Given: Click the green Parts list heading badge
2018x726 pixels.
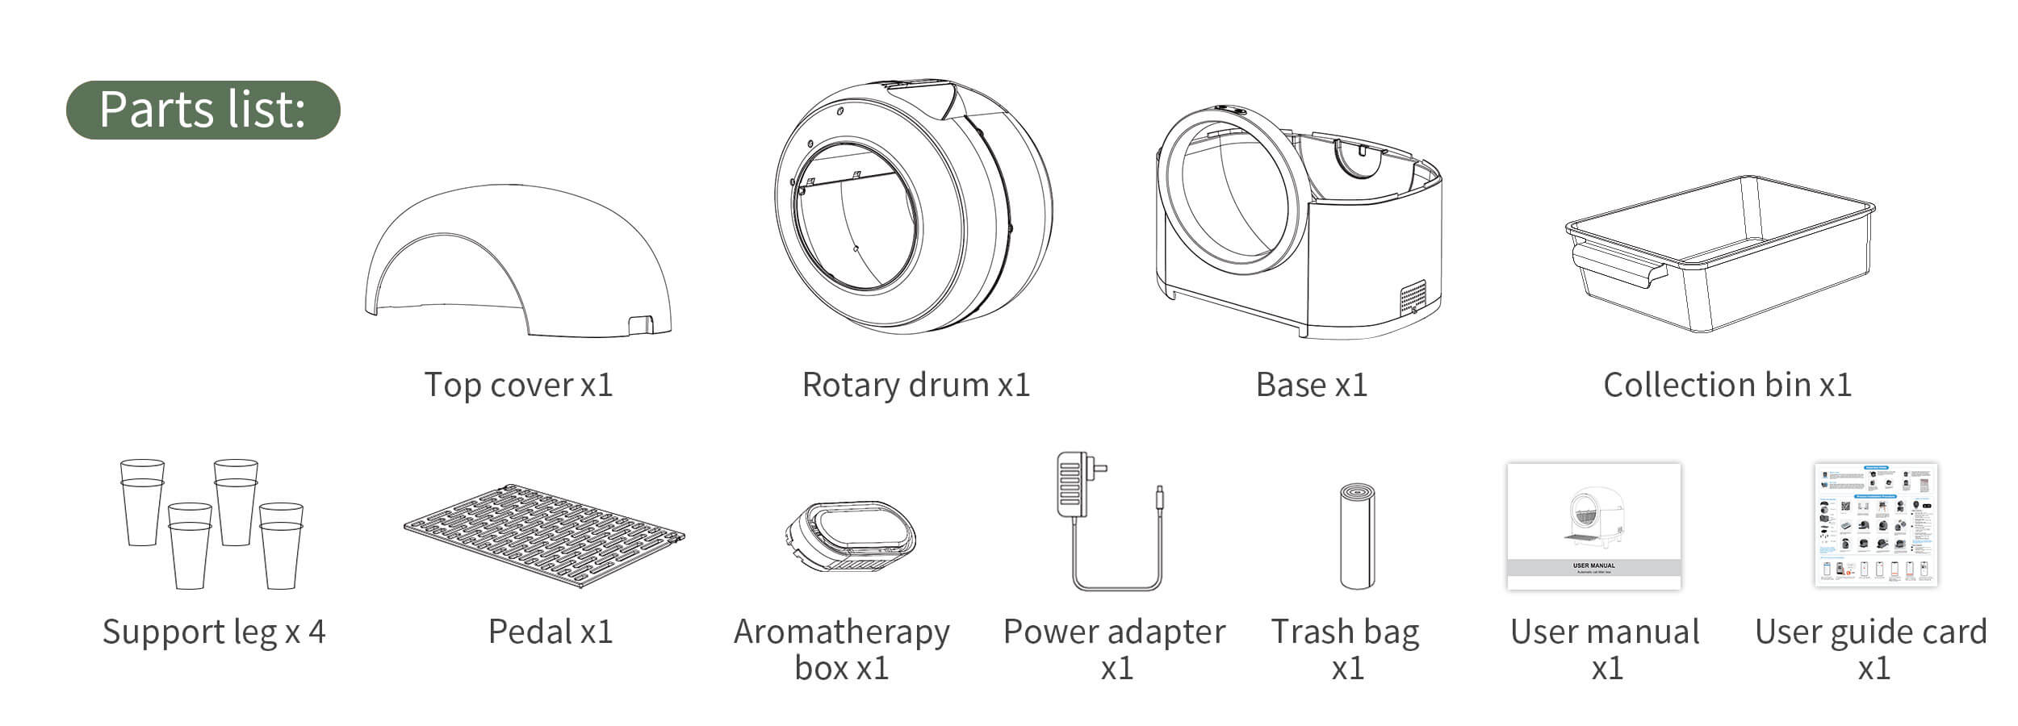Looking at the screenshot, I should click(203, 110).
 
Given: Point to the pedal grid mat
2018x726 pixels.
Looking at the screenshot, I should click(545, 537).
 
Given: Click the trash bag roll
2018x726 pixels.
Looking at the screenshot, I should click(1357, 536).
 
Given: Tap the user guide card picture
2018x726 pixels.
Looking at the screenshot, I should click(1875, 524).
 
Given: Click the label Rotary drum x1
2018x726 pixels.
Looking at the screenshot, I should click(916, 385).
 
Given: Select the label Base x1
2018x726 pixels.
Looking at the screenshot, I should click(1312, 385).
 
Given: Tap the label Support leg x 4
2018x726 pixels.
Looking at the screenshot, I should click(214, 632).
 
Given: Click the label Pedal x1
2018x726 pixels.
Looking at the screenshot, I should click(551, 632).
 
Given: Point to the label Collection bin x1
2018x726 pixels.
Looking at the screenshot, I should click(1727, 385).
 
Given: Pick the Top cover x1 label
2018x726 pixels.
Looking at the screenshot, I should click(519, 385).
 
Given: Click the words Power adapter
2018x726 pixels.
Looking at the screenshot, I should click(1114, 632).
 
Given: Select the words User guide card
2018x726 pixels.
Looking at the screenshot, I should click(1871, 632).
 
